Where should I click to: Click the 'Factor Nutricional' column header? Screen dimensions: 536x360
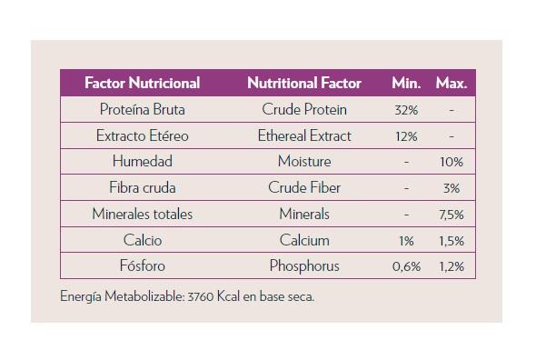click(x=143, y=83)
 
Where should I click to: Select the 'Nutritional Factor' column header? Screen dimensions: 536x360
click(x=304, y=83)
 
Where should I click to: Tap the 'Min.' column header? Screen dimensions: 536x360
click(x=406, y=83)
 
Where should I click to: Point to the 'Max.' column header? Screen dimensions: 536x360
click(x=452, y=83)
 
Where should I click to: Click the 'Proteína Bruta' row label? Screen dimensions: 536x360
click(x=143, y=109)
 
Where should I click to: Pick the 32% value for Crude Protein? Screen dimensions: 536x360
click(x=406, y=110)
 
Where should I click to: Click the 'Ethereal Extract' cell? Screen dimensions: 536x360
click(x=304, y=135)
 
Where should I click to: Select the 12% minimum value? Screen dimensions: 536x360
click(x=406, y=136)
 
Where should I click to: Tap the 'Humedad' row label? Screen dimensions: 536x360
click(x=143, y=161)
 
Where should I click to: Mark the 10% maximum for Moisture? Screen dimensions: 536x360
click(x=452, y=162)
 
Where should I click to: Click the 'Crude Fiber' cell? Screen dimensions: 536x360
click(x=304, y=187)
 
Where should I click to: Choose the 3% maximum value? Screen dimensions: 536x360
click(x=452, y=188)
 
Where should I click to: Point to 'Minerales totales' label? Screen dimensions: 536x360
click(x=143, y=215)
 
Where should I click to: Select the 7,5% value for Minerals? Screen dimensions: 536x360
click(x=452, y=215)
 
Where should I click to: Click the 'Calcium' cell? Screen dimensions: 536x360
click(x=304, y=240)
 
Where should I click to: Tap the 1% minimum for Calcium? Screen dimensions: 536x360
click(x=406, y=241)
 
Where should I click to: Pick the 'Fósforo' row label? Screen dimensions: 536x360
click(x=143, y=265)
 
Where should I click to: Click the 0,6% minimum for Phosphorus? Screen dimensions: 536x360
click(x=406, y=266)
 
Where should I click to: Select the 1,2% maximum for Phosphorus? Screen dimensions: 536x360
click(x=452, y=266)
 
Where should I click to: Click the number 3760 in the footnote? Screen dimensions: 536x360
click(x=201, y=296)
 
